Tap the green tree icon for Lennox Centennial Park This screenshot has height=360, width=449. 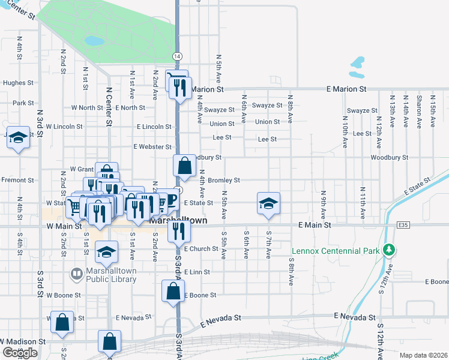(389, 249)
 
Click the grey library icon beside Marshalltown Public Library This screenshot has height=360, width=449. (77, 275)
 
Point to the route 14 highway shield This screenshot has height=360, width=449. (176, 56)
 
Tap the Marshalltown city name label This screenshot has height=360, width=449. (178, 221)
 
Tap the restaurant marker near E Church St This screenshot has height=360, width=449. (178, 230)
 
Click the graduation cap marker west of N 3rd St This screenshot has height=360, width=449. (18, 139)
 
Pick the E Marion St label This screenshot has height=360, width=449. (346, 89)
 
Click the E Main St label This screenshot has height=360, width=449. (315, 225)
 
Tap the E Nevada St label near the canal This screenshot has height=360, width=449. (355, 316)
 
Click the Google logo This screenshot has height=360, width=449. (20, 353)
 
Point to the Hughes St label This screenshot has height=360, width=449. (17, 83)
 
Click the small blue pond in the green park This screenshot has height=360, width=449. (94, 41)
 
